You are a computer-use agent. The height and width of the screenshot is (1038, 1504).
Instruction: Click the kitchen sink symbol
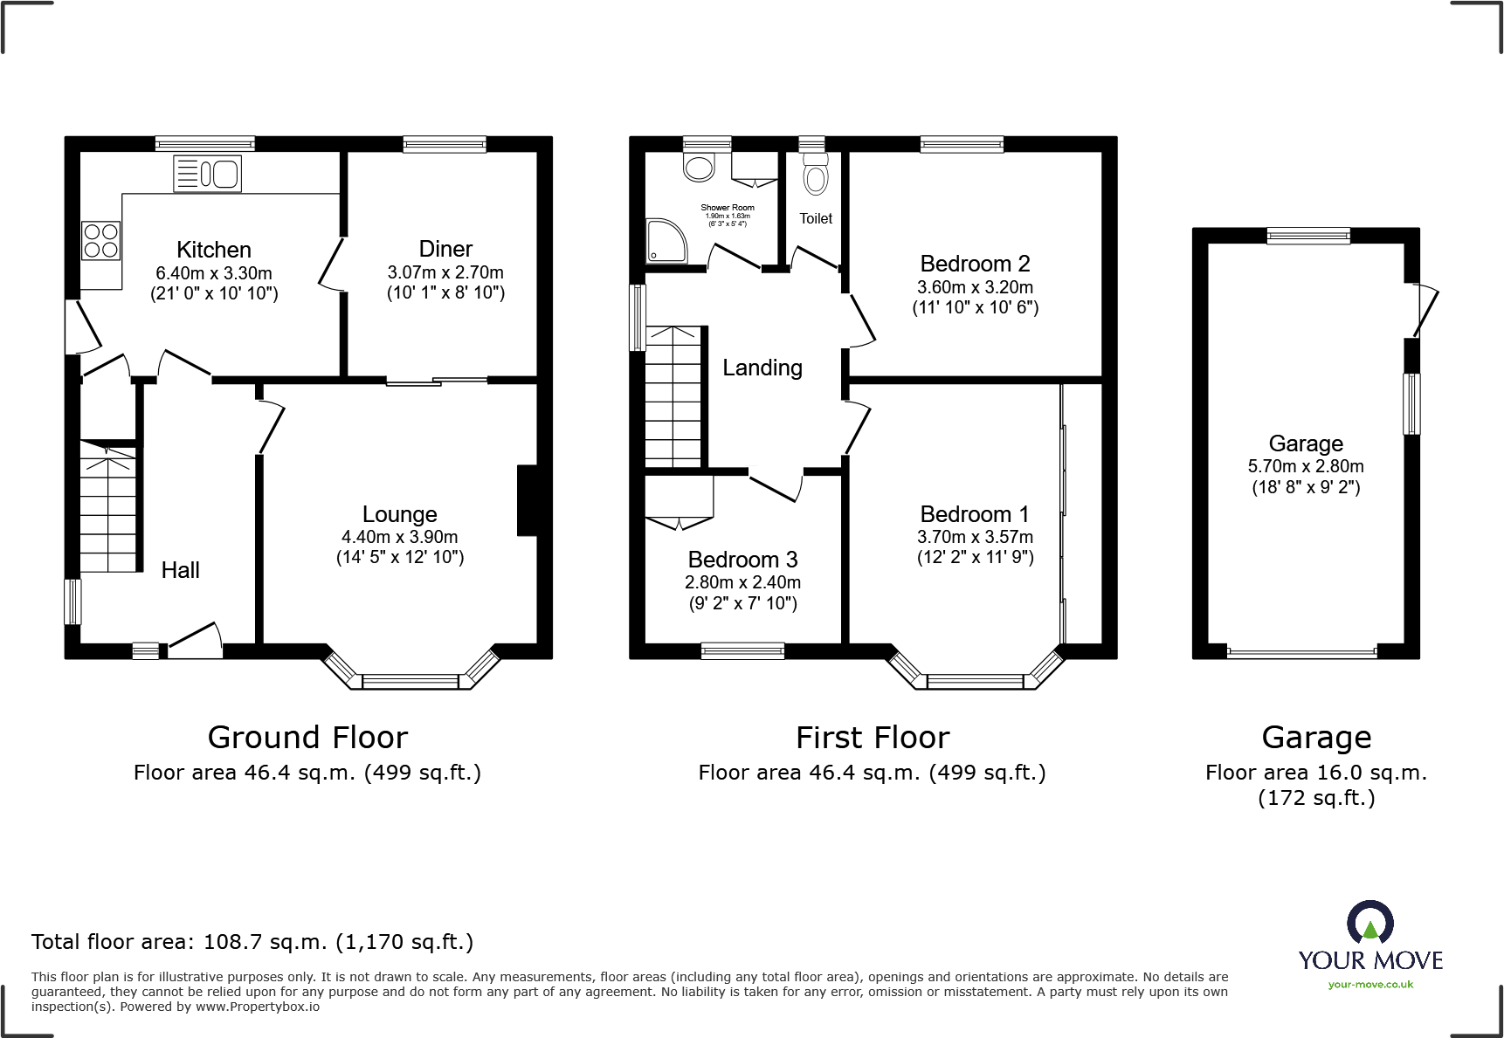(x=208, y=174)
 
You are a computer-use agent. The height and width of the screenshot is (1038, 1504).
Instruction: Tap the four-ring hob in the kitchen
(x=100, y=242)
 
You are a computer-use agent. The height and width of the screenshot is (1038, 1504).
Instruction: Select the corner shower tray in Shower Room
(x=666, y=241)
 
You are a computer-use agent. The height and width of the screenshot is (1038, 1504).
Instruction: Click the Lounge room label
(x=400, y=514)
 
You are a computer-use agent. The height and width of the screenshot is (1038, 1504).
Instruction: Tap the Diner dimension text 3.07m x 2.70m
(x=445, y=272)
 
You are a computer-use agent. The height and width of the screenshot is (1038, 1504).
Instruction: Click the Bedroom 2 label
(x=975, y=264)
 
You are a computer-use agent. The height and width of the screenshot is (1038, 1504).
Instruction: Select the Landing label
(x=762, y=368)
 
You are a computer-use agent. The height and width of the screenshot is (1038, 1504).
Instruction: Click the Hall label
(x=181, y=570)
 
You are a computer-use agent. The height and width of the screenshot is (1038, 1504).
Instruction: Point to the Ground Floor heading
(x=307, y=738)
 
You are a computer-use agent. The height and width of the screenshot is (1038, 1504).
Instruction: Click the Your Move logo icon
(x=1369, y=923)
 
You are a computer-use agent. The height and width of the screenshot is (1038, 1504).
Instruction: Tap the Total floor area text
(x=252, y=942)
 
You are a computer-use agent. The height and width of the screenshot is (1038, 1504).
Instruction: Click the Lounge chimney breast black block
(x=527, y=500)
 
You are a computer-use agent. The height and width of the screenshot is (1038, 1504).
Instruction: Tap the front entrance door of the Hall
(x=194, y=642)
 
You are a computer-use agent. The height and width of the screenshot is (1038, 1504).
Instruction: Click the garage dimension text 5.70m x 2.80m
(x=1306, y=466)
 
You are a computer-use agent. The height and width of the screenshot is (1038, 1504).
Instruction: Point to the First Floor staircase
(x=673, y=397)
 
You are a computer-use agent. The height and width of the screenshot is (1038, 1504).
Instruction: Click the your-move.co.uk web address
(x=1370, y=985)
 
